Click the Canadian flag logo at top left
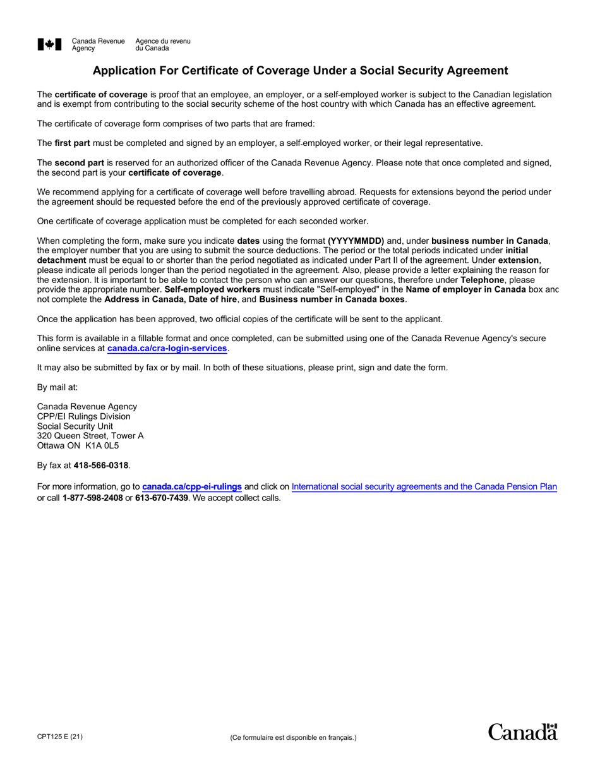point(50,44)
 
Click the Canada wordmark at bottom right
point(523,732)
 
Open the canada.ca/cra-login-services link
point(167,348)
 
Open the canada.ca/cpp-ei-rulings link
point(192,487)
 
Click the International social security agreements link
point(424,487)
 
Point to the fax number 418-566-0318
point(101,466)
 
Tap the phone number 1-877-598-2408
point(92,497)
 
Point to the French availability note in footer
point(293,737)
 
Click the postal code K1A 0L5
point(102,445)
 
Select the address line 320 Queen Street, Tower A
point(90,436)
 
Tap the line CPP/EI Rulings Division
point(84,416)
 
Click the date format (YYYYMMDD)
point(356,241)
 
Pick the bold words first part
point(72,143)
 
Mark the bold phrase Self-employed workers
point(212,289)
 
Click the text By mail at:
point(57,387)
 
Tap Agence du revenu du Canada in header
point(162,44)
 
